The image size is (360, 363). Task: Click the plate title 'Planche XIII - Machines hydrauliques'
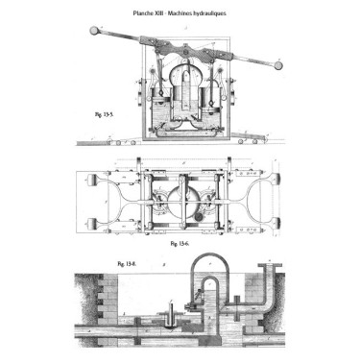[180, 14]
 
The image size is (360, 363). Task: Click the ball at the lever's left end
[93, 30]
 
